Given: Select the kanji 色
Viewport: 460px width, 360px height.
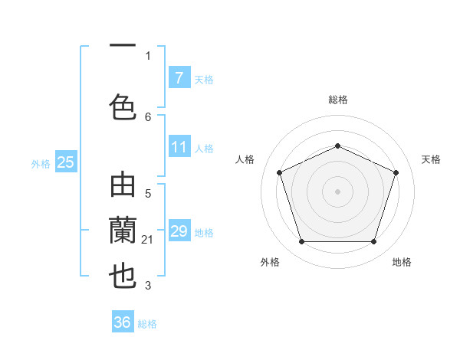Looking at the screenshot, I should tap(123, 106).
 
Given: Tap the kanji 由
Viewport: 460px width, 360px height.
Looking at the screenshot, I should tap(123, 187).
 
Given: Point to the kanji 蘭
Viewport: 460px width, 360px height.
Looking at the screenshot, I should tap(123, 230).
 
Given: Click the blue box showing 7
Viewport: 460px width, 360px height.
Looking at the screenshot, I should tap(179, 77).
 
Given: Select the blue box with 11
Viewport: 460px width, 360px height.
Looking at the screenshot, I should tap(179, 147).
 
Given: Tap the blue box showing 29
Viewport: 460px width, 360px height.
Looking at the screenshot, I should tap(179, 231).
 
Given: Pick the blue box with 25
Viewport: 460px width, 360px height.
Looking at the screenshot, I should tap(65, 162).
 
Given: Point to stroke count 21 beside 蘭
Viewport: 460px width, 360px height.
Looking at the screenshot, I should tap(148, 240).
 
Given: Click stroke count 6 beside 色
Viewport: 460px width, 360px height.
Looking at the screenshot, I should tap(148, 116).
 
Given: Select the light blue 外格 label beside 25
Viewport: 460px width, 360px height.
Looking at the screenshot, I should tap(41, 163).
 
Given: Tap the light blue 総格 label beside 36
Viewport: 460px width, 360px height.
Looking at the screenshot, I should tap(148, 324).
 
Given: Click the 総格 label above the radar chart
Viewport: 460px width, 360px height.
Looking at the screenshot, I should tap(337, 100).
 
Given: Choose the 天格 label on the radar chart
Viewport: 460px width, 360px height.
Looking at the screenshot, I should tap(431, 159).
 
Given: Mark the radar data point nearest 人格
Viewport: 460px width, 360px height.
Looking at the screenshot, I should tap(279, 172).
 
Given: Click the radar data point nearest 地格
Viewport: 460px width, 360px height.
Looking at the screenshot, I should tap(373, 242).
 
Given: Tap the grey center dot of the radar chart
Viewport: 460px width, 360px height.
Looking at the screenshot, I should tap(337, 191).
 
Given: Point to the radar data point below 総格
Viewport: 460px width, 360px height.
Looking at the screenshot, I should tap(337, 146).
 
